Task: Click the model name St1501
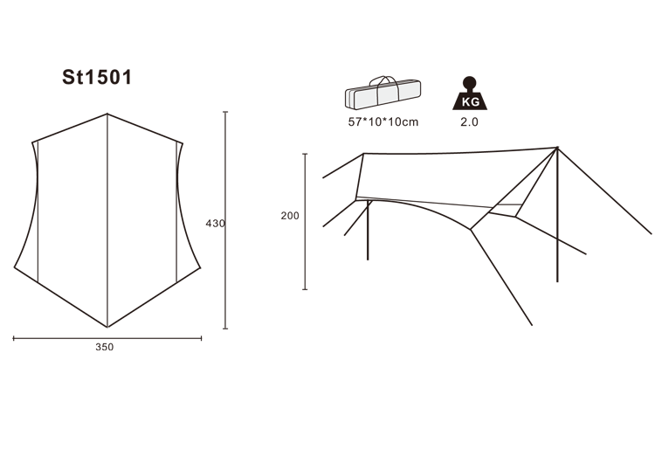pyautogui.click(x=97, y=77)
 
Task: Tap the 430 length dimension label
pyautogui.click(x=215, y=224)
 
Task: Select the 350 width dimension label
pyautogui.click(x=105, y=347)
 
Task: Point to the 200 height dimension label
pyautogui.click(x=290, y=216)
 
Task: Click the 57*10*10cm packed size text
pyautogui.click(x=383, y=122)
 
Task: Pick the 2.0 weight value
pyautogui.click(x=469, y=122)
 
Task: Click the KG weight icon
pyautogui.click(x=470, y=93)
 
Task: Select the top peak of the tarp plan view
pyautogui.click(x=107, y=114)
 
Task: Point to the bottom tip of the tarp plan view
pyautogui.click(x=107, y=327)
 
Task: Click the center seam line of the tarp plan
pyautogui.click(x=107, y=220)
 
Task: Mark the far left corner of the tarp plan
pyautogui.click(x=15, y=267)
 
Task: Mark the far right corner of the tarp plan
pyautogui.click(x=200, y=267)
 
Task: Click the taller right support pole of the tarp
pyautogui.click(x=557, y=215)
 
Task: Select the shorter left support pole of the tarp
pyautogui.click(x=368, y=230)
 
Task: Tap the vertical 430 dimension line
pyautogui.click(x=225, y=220)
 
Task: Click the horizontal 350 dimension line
pyautogui.click(x=107, y=338)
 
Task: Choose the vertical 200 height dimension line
pyautogui.click(x=305, y=221)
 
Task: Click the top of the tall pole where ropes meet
pyautogui.click(x=557, y=148)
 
